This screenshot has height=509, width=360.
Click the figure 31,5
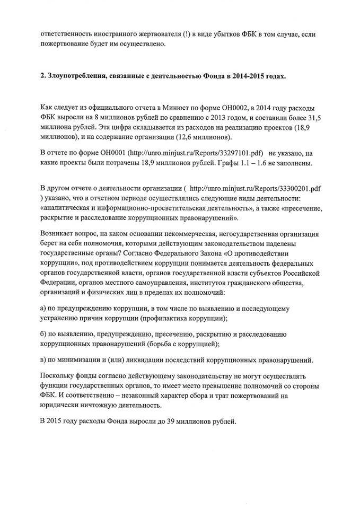tap(304, 117)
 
